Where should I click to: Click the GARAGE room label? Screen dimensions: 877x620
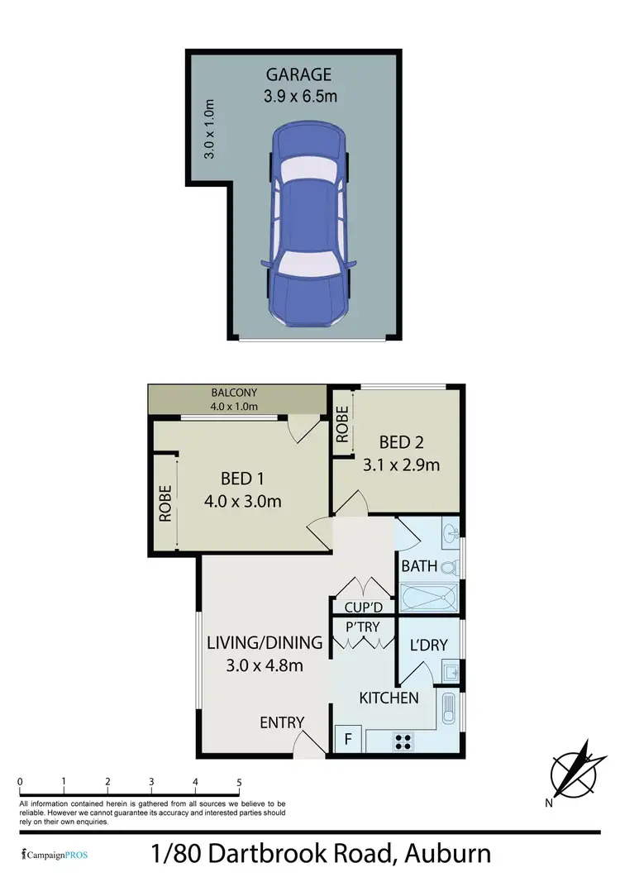(x=298, y=74)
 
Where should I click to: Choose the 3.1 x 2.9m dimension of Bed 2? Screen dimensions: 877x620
(x=401, y=465)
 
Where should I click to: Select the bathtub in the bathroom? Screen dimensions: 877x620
(x=428, y=597)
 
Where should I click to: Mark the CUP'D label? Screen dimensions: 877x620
(x=363, y=608)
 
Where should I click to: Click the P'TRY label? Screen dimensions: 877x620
(x=363, y=627)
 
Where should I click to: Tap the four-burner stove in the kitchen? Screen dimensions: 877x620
(x=404, y=741)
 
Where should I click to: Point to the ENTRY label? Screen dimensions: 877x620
(x=283, y=722)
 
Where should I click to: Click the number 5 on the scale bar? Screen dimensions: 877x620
(x=239, y=782)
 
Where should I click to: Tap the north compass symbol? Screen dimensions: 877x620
(x=572, y=769)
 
